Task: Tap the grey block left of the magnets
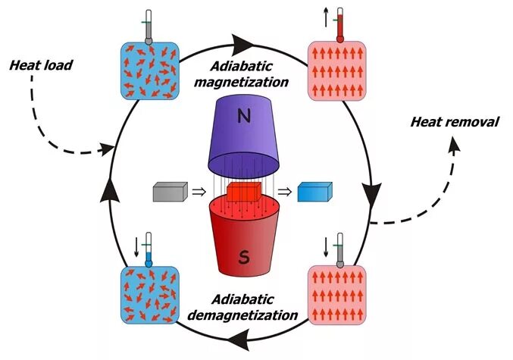click(x=169, y=193)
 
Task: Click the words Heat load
click(x=42, y=66)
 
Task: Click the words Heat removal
click(x=454, y=121)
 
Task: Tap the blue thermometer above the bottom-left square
click(x=150, y=248)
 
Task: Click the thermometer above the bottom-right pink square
click(x=339, y=248)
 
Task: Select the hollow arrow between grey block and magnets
click(x=198, y=193)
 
